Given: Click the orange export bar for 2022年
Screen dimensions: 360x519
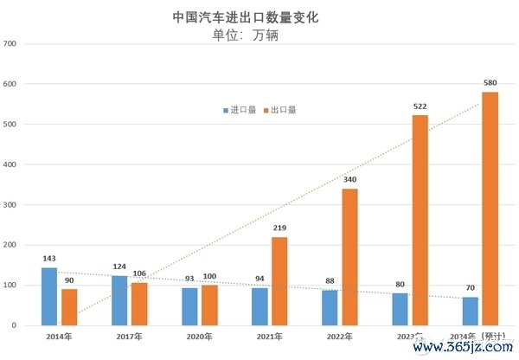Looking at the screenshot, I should [x=349, y=257].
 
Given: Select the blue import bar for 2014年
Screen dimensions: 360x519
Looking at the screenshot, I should [x=49, y=296].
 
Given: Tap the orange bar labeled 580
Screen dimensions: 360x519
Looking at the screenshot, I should [x=490, y=209].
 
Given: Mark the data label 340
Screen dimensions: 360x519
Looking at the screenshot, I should [x=349, y=180].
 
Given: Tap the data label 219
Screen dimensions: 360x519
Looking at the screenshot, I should [x=279, y=228].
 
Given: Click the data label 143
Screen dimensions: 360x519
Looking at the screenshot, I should [x=49, y=259].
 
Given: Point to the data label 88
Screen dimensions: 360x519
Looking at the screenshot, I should [x=330, y=281].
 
